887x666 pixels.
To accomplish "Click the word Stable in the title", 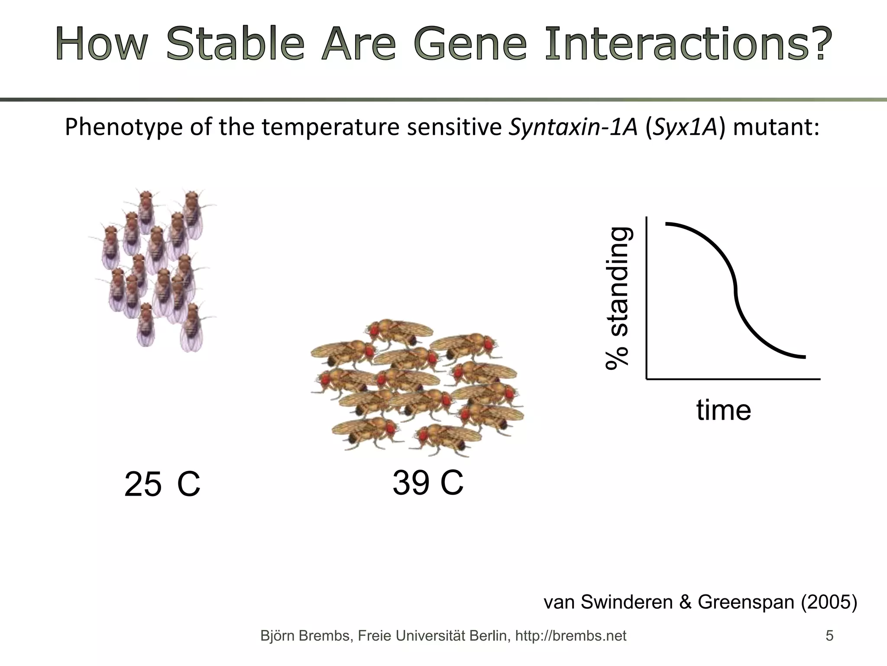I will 236,44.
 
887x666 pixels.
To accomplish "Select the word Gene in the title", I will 469,44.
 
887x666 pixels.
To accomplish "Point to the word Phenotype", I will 123,127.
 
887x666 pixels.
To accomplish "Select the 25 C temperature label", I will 162,484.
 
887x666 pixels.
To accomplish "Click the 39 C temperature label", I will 427,482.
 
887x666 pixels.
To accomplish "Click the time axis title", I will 723,410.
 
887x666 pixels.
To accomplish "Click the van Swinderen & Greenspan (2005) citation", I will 700,602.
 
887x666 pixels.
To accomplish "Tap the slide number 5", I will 829,636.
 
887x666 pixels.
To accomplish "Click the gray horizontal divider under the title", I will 443,100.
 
